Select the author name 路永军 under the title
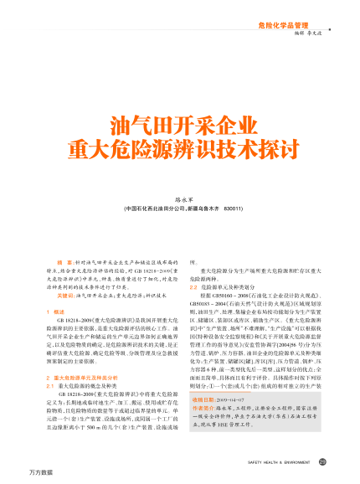point(179,200)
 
